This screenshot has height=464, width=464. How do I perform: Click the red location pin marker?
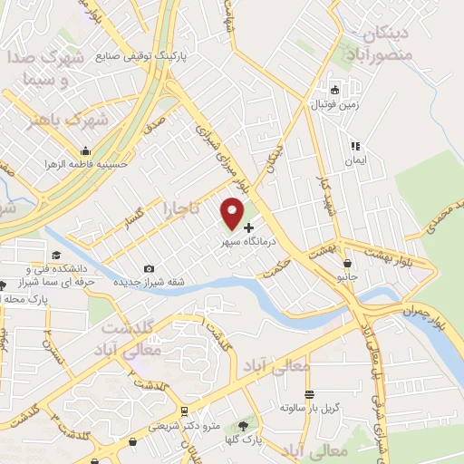232,212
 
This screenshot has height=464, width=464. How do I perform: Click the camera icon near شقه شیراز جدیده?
149,268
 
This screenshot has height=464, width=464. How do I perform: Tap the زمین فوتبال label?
334,105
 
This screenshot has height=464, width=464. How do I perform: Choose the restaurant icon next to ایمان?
356,145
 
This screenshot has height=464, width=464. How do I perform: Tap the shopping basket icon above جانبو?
347,264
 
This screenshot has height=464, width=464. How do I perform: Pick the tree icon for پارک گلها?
242,424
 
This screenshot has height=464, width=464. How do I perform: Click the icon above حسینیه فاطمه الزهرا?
86,151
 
